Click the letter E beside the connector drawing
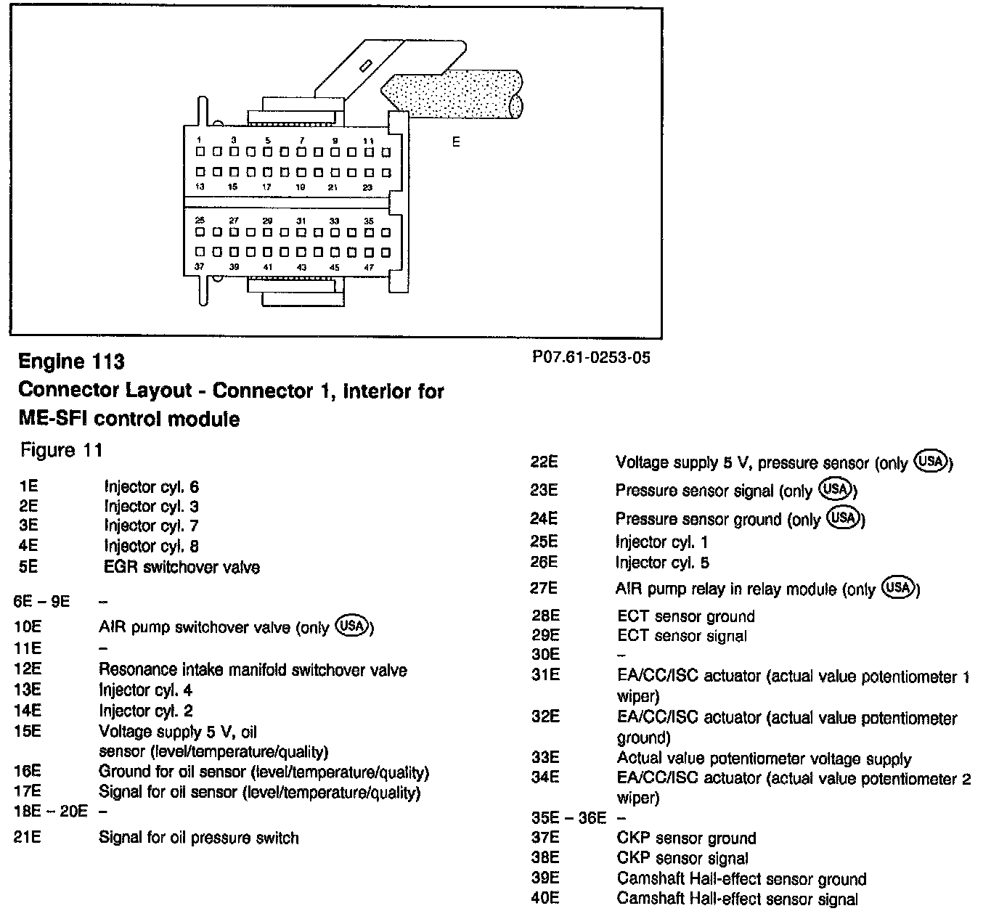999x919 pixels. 456,142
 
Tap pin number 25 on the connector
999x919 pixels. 200,221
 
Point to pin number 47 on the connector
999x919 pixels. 368,267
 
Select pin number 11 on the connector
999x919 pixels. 368,141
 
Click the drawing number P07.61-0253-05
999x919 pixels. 591,357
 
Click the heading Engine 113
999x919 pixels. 71,362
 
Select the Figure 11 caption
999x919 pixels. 61,450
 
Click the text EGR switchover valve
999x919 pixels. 182,567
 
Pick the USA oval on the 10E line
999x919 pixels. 353,626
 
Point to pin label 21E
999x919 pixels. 28,837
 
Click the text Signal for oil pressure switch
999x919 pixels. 198,838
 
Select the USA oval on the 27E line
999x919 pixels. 898,587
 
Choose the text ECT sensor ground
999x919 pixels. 685,616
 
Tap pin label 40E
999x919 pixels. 545,899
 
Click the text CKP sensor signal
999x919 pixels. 682,858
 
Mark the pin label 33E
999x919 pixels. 545,758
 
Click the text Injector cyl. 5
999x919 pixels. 661,563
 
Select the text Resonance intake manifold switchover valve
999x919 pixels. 253,670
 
